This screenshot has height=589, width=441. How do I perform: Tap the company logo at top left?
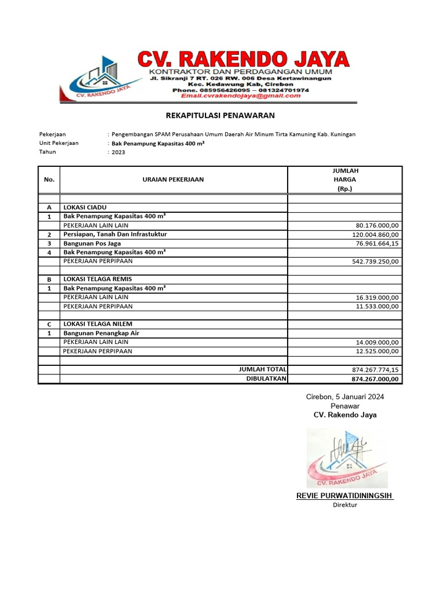click(x=95, y=78)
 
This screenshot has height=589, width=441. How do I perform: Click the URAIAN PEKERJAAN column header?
click(x=173, y=179)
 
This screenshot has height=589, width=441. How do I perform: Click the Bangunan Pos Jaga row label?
click(x=92, y=243)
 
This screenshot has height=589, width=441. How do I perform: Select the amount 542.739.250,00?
click(x=375, y=262)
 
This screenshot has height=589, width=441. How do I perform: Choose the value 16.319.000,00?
click(x=377, y=297)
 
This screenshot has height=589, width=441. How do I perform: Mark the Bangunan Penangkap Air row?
click(x=101, y=333)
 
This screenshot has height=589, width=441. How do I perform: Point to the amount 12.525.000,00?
click(x=377, y=351)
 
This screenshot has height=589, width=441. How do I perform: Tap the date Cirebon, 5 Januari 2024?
click(x=345, y=397)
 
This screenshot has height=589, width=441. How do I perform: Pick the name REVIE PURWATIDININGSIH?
click(x=345, y=496)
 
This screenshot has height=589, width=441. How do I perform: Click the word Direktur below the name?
click(x=345, y=505)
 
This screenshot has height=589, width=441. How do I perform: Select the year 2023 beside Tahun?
click(x=118, y=152)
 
